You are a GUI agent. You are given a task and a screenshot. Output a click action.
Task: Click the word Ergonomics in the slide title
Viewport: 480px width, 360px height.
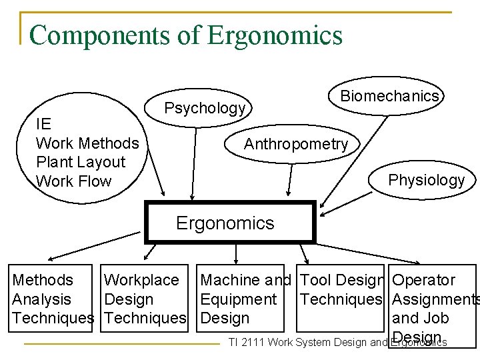(x=275, y=35)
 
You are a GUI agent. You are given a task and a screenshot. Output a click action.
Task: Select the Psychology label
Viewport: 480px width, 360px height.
(x=205, y=108)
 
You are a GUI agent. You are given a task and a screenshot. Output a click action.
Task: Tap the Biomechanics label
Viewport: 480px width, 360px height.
(x=389, y=96)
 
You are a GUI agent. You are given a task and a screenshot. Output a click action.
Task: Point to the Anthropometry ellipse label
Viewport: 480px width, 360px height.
(x=295, y=144)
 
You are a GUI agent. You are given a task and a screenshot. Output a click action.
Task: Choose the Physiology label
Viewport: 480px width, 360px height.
(x=426, y=180)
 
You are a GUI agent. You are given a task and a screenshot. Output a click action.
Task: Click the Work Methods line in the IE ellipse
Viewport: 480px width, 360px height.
(x=87, y=143)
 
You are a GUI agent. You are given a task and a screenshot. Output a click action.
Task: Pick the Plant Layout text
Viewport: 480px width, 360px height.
(x=81, y=162)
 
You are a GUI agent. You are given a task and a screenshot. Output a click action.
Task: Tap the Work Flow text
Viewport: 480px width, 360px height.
(x=73, y=181)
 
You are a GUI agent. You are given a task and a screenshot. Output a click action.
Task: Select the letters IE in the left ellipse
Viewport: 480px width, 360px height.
(x=43, y=125)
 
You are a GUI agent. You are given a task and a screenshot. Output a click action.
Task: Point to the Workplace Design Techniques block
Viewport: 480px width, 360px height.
(x=145, y=299)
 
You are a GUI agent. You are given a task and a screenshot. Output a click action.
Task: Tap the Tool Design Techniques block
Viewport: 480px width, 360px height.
(x=342, y=290)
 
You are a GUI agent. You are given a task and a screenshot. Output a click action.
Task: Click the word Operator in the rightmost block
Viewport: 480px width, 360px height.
(x=424, y=281)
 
